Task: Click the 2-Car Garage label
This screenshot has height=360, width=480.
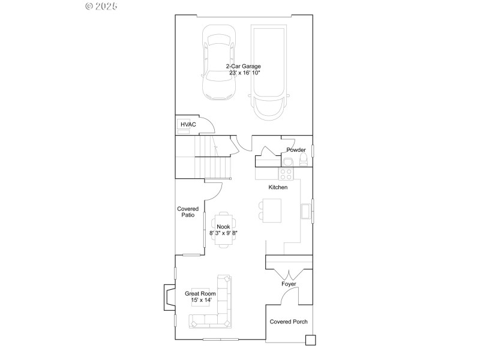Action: tap(243, 66)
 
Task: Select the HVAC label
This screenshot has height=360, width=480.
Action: tap(188, 124)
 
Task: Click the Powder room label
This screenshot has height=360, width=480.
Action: tap(296, 150)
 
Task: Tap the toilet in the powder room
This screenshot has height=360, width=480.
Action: tap(304, 160)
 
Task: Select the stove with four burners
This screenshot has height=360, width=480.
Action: tap(286, 174)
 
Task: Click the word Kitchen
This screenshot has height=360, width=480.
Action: tap(278, 187)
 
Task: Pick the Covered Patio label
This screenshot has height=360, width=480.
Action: tap(188, 212)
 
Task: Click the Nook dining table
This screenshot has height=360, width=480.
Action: tap(224, 228)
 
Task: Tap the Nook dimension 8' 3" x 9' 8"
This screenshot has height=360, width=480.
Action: tap(224, 233)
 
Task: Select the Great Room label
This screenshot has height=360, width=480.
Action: tap(200, 293)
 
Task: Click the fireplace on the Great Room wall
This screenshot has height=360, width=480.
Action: tap(165, 297)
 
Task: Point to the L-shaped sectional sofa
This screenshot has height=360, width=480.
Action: tap(216, 306)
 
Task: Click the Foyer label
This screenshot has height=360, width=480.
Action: tap(289, 284)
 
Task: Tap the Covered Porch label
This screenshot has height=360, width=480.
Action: tap(289, 322)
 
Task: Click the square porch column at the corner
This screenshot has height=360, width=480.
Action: tap(310, 340)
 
